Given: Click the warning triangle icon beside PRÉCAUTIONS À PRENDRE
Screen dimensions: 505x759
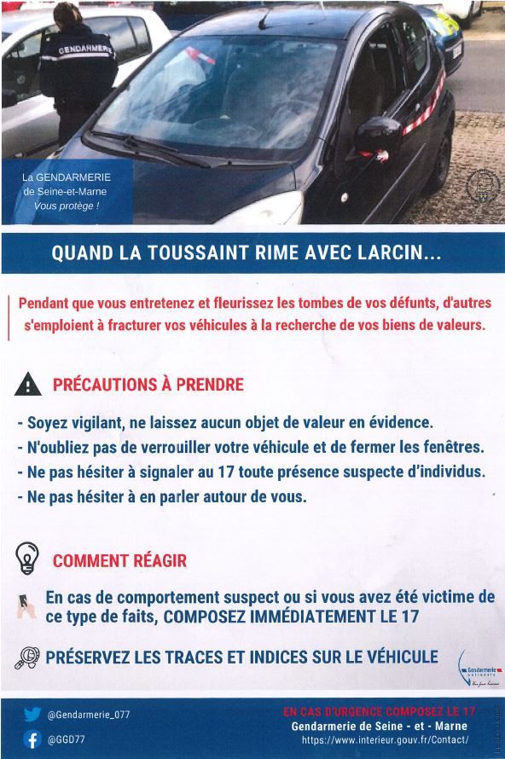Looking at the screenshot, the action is click(x=28, y=385).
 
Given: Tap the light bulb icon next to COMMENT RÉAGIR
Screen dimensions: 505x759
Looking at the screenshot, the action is click(x=28, y=559).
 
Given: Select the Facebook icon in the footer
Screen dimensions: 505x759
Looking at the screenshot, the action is click(x=32, y=739).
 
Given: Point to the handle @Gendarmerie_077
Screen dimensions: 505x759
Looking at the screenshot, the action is click(x=90, y=715).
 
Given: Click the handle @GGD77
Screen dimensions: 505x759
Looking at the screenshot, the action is click(x=67, y=740).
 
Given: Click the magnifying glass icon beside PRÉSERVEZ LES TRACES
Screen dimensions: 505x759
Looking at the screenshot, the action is click(x=28, y=658).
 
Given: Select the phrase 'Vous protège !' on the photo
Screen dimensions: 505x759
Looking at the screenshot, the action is click(x=67, y=206).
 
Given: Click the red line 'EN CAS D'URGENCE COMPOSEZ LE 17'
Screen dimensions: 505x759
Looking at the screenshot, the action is click(x=379, y=710).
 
